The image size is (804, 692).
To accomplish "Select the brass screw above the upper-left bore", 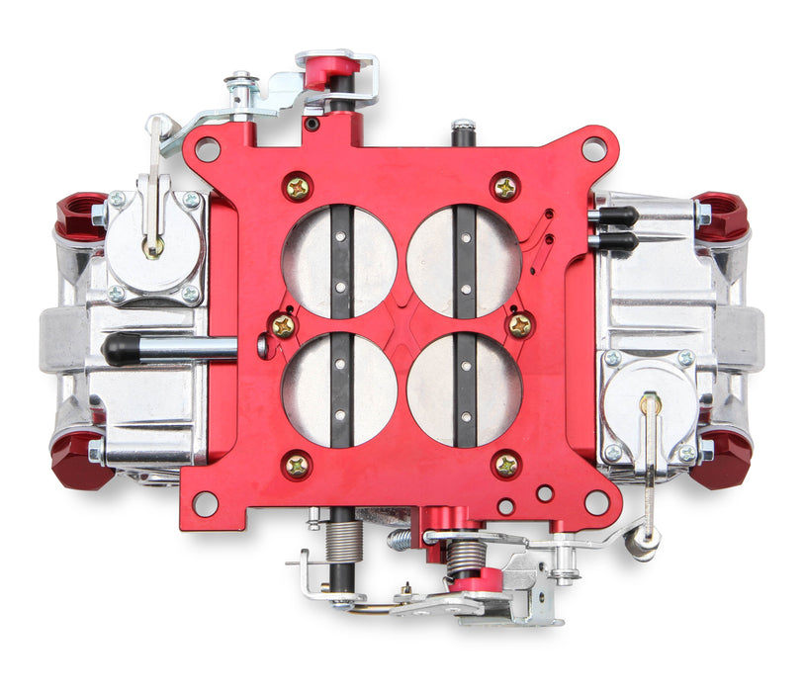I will pyautogui.click(x=297, y=187).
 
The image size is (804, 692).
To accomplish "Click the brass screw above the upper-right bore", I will pyautogui.click(x=505, y=187).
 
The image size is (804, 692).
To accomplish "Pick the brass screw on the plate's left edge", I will pyautogui.click(x=284, y=325).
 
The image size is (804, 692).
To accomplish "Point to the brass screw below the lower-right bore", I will pyautogui.click(x=505, y=464).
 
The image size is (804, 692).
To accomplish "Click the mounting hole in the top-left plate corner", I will pyautogui.click(x=207, y=149).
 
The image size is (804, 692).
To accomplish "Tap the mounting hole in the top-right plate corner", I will pyautogui.click(x=593, y=149).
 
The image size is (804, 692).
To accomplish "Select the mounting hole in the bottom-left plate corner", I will pyautogui.click(x=205, y=503).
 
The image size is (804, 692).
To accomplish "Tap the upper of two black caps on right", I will pyautogui.click(x=617, y=216).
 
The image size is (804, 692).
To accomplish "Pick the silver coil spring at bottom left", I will pyautogui.click(x=343, y=544).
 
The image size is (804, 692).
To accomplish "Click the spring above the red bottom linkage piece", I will pyautogui.click(x=465, y=557).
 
